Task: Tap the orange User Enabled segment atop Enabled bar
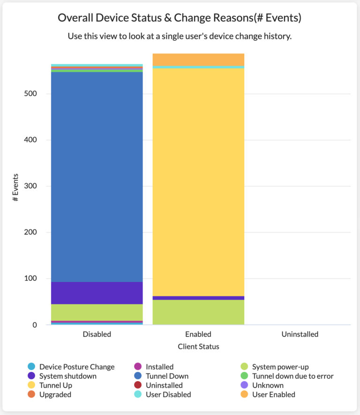click(198, 60)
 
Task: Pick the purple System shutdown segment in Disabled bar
click(97, 293)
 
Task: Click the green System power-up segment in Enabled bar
click(198, 312)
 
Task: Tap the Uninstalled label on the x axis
click(300, 334)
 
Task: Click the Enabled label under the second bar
click(198, 334)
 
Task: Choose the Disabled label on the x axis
click(97, 334)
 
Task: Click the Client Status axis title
click(198, 347)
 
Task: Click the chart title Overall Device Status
click(180, 18)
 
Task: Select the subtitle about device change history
click(180, 36)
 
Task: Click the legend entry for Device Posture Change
click(76, 367)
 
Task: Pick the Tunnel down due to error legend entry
click(292, 376)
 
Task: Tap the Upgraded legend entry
click(55, 394)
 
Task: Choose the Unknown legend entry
click(268, 385)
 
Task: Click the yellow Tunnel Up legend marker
click(31, 385)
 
